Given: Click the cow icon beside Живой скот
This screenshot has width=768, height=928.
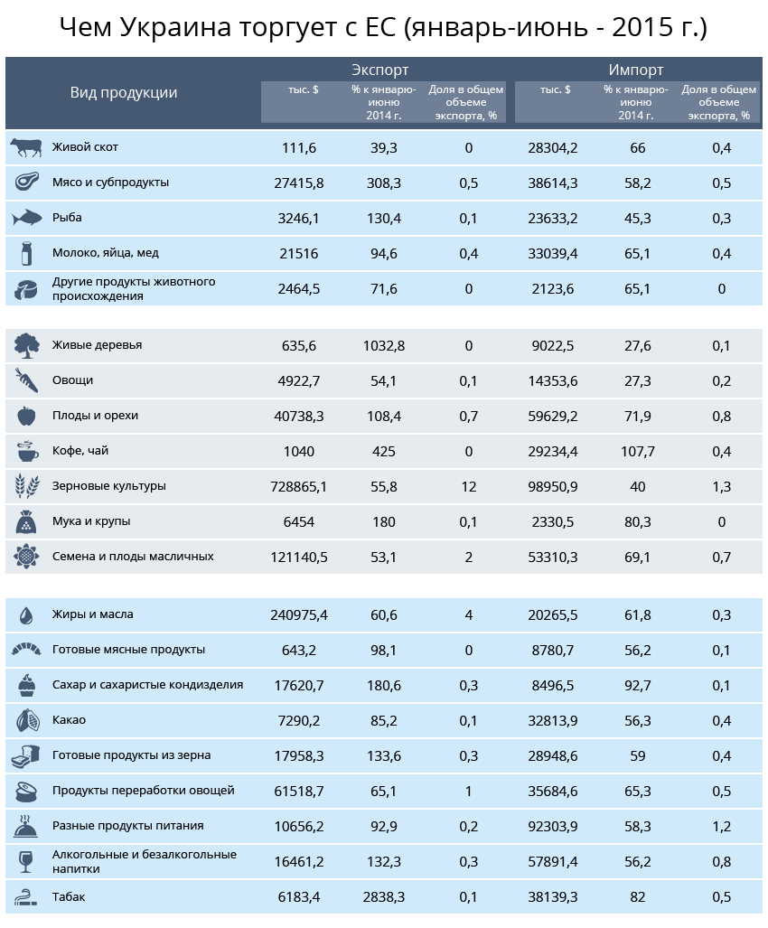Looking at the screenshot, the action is pyautogui.click(x=26, y=147).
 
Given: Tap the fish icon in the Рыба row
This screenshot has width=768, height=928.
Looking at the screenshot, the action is pyautogui.click(x=26, y=219).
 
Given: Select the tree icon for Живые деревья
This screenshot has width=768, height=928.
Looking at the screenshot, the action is pyautogui.click(x=26, y=346).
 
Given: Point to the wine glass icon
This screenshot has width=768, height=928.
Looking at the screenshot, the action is pyautogui.click(x=26, y=862).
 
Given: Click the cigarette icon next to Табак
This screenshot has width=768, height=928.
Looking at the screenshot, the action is pyautogui.click(x=26, y=897).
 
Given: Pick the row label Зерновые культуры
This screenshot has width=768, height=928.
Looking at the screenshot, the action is pyautogui.click(x=108, y=486).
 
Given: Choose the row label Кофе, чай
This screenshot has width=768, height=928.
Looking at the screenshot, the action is pyautogui.click(x=80, y=451).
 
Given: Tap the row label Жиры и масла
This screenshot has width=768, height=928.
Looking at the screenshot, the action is pyautogui.click(x=93, y=614).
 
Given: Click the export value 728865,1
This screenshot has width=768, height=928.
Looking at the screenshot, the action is pyautogui.click(x=299, y=486).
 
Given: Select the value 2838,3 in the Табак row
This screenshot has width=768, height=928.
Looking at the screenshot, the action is pyautogui.click(x=384, y=897).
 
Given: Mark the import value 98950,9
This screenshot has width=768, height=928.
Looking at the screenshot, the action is pyautogui.click(x=553, y=486).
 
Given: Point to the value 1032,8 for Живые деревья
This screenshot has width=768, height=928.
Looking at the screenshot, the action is pyautogui.click(x=384, y=346).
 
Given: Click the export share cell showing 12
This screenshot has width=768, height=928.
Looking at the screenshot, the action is pyautogui.click(x=469, y=486).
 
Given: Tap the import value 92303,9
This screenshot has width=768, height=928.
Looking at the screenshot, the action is pyautogui.click(x=553, y=826).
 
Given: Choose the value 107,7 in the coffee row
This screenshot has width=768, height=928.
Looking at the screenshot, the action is pyautogui.click(x=638, y=452).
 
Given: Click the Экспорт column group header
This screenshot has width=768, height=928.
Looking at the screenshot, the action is pyautogui.click(x=379, y=70).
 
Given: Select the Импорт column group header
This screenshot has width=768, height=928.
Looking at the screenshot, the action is pyautogui.click(x=636, y=70).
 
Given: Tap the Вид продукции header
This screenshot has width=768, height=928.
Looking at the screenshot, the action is pyautogui.click(x=124, y=93).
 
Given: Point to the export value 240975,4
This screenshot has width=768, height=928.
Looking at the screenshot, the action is pyautogui.click(x=299, y=615).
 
